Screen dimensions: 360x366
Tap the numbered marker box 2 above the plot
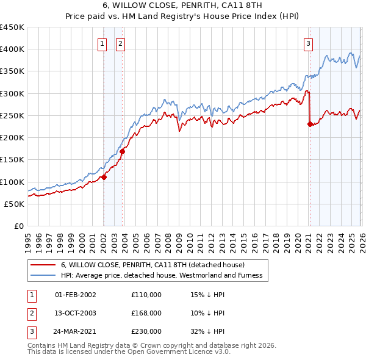(x=121, y=43)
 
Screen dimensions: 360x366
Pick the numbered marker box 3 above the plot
(x=309, y=43)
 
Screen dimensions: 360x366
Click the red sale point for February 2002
(x=104, y=178)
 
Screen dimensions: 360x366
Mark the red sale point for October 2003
(x=123, y=151)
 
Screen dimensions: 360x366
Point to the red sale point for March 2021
(x=310, y=124)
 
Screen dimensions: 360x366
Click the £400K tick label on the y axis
(x=12, y=49)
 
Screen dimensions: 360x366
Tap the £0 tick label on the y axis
(x=19, y=226)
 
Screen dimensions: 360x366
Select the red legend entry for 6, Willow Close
(x=152, y=265)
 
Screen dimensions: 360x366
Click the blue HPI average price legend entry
(x=161, y=276)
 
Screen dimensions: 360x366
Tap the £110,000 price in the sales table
(x=146, y=295)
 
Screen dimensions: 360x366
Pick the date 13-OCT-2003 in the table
(x=76, y=313)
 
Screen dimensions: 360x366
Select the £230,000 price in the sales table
(x=146, y=331)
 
